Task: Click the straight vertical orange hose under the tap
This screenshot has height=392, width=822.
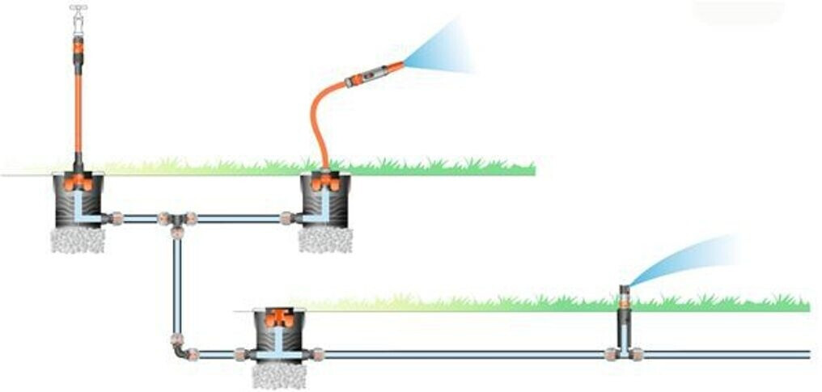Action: (x=78, y=105)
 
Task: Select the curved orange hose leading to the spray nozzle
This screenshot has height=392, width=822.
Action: (x=318, y=121)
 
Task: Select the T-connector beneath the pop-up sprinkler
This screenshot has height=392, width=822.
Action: (x=625, y=353)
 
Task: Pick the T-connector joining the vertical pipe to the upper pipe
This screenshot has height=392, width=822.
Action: (x=176, y=219)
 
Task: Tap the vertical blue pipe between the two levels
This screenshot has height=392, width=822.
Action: (x=176, y=283)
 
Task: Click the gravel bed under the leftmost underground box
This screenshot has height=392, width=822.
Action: (x=78, y=239)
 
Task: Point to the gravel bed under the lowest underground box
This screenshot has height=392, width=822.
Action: (x=278, y=375)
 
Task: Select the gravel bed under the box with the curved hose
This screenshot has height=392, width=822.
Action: (x=325, y=239)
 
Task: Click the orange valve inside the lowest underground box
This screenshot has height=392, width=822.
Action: (x=278, y=317)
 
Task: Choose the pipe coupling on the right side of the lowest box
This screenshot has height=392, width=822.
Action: (x=317, y=354)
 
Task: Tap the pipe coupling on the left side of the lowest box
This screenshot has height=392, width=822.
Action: (x=240, y=354)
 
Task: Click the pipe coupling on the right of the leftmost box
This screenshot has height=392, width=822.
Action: (x=117, y=218)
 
